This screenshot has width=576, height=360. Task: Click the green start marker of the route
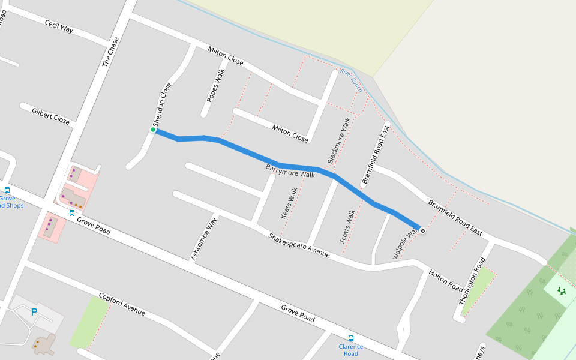[x=153, y=130]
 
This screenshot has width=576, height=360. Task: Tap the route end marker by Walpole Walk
[x=422, y=230]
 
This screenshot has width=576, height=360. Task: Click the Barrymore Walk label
[x=290, y=170]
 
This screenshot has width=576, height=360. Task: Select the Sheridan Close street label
[x=162, y=104]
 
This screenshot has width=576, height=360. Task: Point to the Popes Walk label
[x=215, y=85]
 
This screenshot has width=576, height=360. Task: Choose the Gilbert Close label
[x=51, y=116]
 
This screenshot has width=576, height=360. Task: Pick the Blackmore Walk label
[x=339, y=140]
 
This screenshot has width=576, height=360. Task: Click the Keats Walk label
[x=289, y=203]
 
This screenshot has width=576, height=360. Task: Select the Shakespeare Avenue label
[x=299, y=245]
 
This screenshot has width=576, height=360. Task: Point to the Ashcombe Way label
[x=204, y=239]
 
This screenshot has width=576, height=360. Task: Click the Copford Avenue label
[x=122, y=305]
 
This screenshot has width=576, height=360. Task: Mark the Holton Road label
[x=446, y=280]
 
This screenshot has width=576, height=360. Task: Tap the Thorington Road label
[x=472, y=281]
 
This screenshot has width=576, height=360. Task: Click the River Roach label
[x=352, y=80]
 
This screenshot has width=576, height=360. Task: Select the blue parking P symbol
[x=34, y=312]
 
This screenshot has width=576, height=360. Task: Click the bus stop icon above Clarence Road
[x=351, y=338]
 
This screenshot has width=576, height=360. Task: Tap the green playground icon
[x=562, y=291]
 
